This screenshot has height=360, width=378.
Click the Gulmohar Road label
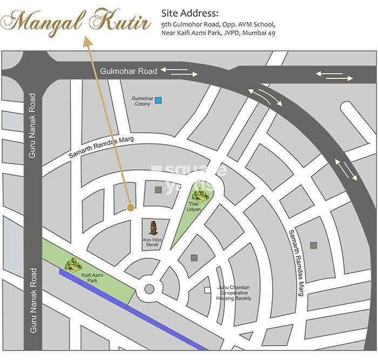(129, 71)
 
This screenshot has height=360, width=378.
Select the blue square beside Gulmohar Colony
(158, 100)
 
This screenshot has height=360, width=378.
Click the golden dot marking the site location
(130, 206)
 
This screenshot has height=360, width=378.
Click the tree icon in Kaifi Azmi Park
(72, 264)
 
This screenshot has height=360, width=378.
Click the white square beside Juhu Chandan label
(207, 290)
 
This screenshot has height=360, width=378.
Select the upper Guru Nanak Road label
(32, 126)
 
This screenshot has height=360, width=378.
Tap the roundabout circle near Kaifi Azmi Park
(148, 289)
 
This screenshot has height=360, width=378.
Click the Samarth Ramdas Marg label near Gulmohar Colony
(100, 148)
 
